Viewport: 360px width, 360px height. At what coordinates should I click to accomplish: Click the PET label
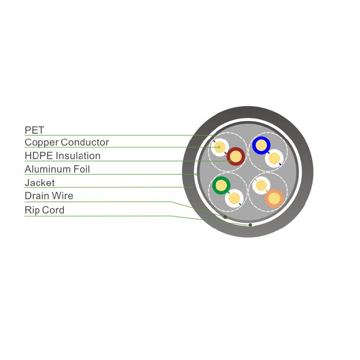tap(34, 130)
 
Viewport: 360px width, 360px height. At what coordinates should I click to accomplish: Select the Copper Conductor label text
tap(67, 143)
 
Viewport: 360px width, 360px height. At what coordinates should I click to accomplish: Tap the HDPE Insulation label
tap(63, 156)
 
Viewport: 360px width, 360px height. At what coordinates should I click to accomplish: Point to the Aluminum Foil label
tap(57, 169)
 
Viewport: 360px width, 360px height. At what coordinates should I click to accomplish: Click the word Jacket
tap(40, 183)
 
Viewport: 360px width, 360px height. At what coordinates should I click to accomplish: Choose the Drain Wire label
tap(49, 196)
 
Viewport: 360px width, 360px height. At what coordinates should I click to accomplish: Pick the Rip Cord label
tap(45, 210)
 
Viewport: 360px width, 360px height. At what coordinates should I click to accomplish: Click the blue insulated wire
tap(261, 145)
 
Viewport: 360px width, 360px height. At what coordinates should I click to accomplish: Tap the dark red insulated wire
tap(235, 157)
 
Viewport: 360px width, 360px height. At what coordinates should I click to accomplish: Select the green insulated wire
tap(221, 185)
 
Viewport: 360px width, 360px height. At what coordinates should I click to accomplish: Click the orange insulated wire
tap(274, 198)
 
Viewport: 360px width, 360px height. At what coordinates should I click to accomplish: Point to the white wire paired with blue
tap(274, 158)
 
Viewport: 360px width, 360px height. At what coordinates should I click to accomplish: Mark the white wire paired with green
tap(234, 198)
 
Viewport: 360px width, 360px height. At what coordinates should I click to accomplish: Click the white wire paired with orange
tap(261, 185)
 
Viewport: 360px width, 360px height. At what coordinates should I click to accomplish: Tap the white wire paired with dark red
tap(220, 147)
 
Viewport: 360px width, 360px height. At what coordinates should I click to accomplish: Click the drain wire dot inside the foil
tap(225, 217)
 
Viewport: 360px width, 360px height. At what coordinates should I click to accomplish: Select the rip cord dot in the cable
tap(250, 225)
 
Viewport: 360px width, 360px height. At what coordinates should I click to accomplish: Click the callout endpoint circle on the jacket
tap(191, 187)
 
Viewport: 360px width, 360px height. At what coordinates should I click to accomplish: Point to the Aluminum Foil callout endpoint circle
tap(196, 174)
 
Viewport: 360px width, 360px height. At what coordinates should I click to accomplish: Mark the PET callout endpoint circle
tap(214, 135)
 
